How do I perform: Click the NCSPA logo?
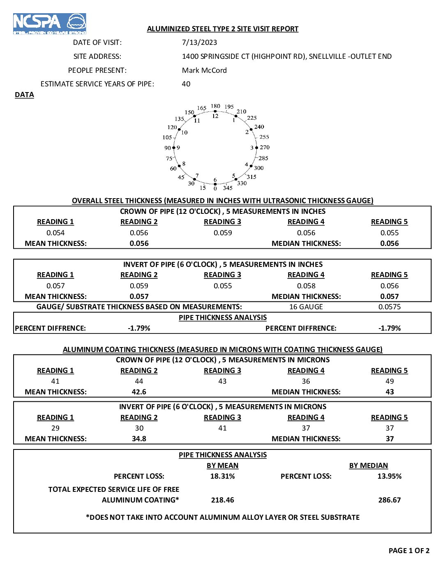tap(49, 23)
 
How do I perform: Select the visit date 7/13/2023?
tap(199, 42)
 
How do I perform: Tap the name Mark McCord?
tap(204, 70)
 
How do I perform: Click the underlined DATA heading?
tap(24, 95)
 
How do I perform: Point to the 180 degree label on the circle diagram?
tap(215, 106)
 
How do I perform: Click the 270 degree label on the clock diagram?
tap(265, 147)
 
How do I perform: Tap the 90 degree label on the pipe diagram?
tap(167, 148)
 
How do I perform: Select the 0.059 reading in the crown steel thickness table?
tap(223, 233)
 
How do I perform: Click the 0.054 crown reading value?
tap(55, 233)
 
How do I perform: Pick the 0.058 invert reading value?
tap(306, 286)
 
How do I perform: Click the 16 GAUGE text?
tap(306, 307)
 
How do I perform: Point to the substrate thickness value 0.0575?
tap(389, 307)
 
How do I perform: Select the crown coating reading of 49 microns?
tap(389, 381)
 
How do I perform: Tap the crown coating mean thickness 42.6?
tap(139, 392)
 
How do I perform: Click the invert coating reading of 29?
tap(55, 428)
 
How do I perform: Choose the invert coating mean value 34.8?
tap(139, 439)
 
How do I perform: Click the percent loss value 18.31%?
tap(223, 476)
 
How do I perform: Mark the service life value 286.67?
tap(389, 500)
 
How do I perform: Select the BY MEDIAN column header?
tap(369, 466)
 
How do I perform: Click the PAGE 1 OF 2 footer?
tap(409, 551)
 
